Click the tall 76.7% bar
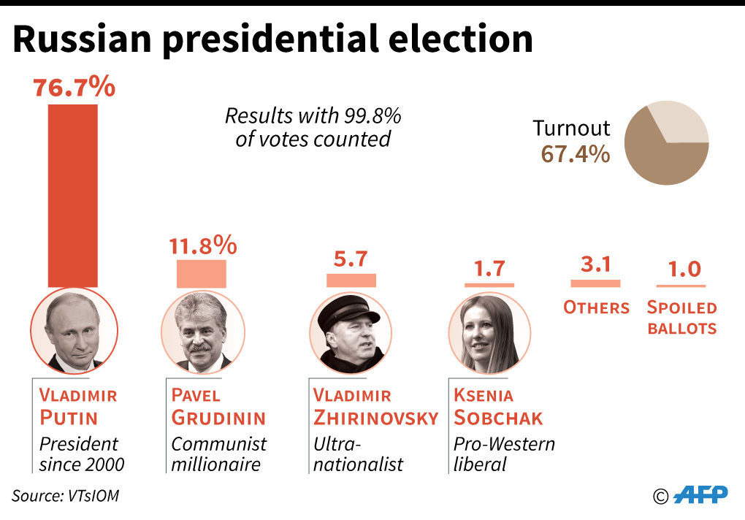click(72, 195)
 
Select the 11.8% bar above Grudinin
click(201, 274)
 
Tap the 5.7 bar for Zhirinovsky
click(351, 280)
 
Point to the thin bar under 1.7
click(489, 284)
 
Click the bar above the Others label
click(595, 283)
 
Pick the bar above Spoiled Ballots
click(684, 285)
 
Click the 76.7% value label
click(74, 88)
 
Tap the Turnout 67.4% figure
click(575, 154)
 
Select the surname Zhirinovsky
click(375, 418)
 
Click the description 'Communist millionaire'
click(218, 453)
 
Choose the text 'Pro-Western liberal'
click(504, 453)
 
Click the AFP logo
click(700, 494)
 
